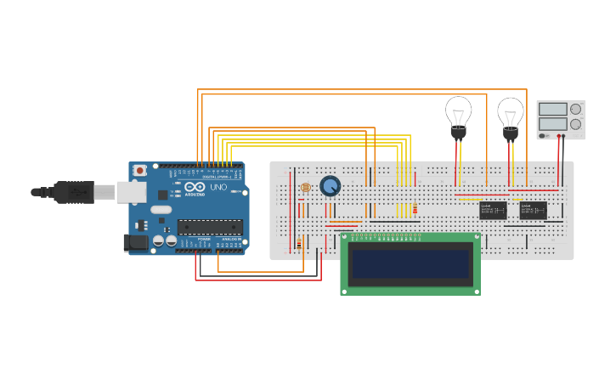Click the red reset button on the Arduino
139,171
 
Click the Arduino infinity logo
195,188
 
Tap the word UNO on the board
218,187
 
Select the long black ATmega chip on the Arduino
210,227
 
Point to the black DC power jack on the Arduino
136,243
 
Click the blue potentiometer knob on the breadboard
330,186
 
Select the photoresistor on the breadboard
306,187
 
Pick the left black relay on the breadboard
493,210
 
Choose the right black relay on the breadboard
533,210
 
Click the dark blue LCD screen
411,263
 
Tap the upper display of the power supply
552,109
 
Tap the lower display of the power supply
552,124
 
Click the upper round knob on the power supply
575,109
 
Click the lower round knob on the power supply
575,124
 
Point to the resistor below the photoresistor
299,245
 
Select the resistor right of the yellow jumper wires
415,210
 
